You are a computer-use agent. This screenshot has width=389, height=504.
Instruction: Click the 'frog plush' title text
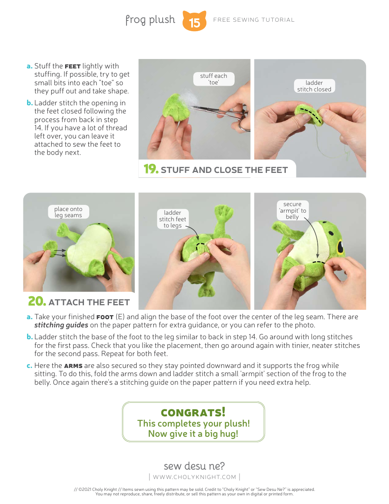tap(150, 20)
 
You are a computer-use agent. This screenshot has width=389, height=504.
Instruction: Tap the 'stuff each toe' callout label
tap(213, 79)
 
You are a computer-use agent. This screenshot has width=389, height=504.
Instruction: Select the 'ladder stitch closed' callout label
tap(314, 86)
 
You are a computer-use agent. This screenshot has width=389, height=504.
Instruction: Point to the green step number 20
tap(36, 301)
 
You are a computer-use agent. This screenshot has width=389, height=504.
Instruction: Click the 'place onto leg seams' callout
tap(68, 212)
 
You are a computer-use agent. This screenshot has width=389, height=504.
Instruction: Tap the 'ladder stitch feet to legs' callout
tap(172, 219)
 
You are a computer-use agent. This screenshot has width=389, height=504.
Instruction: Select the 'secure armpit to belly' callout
tap(292, 210)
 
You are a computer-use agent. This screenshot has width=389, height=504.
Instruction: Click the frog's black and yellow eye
tap(340, 247)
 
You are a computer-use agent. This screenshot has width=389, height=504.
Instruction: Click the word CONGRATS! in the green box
tap(193, 412)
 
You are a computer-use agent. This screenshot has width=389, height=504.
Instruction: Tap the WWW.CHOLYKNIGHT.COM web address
tap(194, 477)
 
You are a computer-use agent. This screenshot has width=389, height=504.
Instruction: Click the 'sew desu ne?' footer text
tap(194, 466)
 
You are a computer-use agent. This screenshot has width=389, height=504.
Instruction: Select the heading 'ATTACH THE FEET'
tap(89, 302)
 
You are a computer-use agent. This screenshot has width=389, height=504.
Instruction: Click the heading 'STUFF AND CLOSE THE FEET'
tap(224, 170)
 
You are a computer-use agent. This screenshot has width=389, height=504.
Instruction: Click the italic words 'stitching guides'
tap(61, 325)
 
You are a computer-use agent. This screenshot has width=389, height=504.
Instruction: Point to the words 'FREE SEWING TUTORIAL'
tap(254, 20)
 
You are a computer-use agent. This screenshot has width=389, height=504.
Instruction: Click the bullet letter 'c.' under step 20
tap(29, 366)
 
